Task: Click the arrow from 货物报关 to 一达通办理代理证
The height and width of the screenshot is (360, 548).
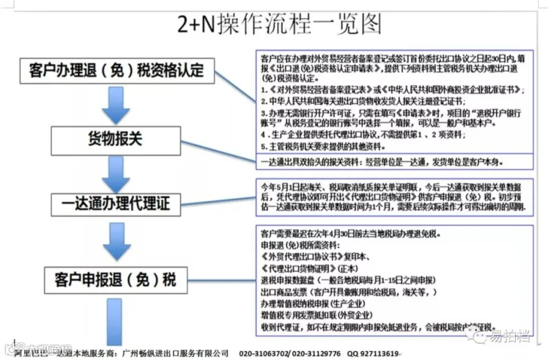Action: point(116,172)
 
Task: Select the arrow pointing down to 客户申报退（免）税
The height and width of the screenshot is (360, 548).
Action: point(116,241)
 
